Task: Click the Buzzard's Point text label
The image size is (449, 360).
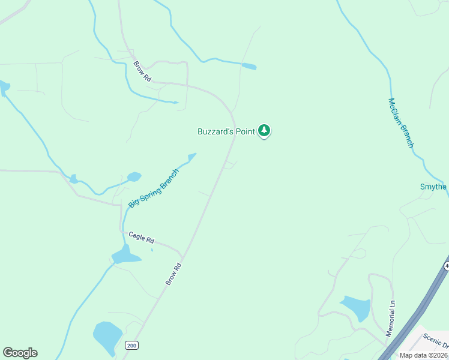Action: pyautogui.click(x=226, y=131)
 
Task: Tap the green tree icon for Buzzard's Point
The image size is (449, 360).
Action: pyautogui.click(x=264, y=130)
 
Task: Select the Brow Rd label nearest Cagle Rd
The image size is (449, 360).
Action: pyautogui.click(x=173, y=274)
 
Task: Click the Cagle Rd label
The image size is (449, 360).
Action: pyautogui.click(x=141, y=238)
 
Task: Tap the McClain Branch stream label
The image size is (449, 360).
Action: pyautogui.click(x=401, y=123)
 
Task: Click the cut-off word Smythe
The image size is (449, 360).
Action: pyautogui.click(x=433, y=187)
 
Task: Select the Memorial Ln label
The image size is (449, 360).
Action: pyautogui.click(x=391, y=318)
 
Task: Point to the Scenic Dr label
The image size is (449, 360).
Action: pyautogui.click(x=435, y=340)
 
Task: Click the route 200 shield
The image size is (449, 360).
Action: pyautogui.click(x=132, y=346)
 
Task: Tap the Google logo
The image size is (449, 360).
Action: pyautogui.click(x=20, y=353)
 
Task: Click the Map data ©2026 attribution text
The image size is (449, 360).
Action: pyautogui.click(x=423, y=355)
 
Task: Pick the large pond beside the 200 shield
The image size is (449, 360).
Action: pyautogui.click(x=107, y=337)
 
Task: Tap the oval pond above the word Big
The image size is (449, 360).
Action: pyautogui.click(x=134, y=177)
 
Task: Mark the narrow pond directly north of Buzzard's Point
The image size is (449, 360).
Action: pyautogui.click(x=249, y=66)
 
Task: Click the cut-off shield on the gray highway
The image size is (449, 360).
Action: pyautogui.click(x=446, y=265)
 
